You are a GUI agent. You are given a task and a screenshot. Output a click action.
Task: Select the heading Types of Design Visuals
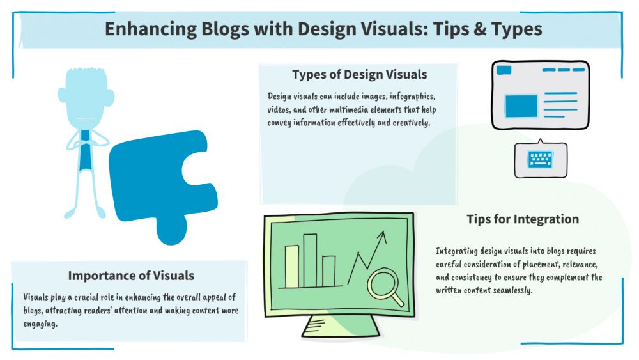[x=359, y=74]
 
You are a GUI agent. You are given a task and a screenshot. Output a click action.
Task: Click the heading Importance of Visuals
[x=131, y=276]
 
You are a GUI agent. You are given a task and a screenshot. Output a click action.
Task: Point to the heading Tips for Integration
[x=523, y=219]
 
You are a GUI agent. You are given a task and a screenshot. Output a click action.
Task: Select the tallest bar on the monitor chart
[x=310, y=260]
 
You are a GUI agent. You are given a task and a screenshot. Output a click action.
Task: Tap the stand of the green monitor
[x=341, y=326]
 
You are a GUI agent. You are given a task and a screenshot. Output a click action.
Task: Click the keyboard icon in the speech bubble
[x=541, y=159]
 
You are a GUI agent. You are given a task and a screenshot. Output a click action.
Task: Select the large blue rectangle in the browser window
[x=521, y=106]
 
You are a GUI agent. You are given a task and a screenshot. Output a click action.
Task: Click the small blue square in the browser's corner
[x=504, y=70]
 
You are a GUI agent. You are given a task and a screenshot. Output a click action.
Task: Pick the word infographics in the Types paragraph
[x=412, y=97]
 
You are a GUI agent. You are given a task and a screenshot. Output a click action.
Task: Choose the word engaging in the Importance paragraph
[x=40, y=324]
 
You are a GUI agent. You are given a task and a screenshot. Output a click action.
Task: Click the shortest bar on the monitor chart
[x=329, y=271]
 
